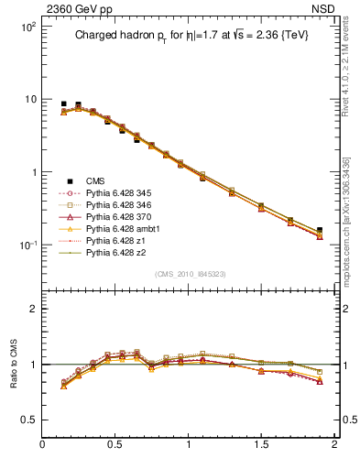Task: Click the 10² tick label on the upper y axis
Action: click(x=26, y=27)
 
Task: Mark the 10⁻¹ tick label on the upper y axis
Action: click(x=26, y=245)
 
